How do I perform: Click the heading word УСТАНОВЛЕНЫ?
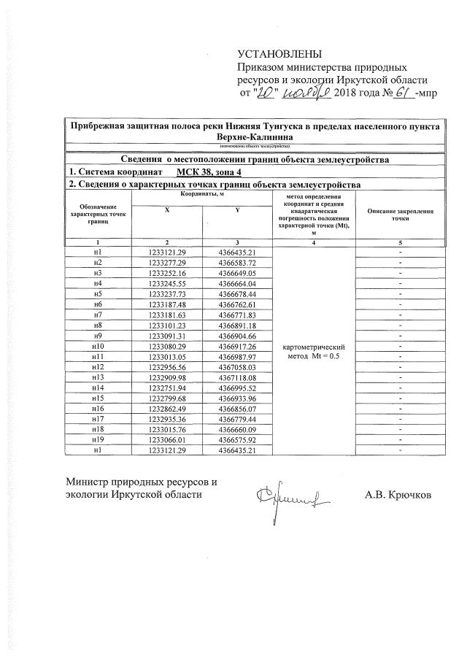click(279, 55)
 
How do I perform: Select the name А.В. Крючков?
click(398, 495)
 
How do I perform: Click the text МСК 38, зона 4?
click(211, 172)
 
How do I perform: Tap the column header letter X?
click(166, 209)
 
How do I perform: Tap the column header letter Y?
click(236, 209)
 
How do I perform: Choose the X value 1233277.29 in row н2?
click(167, 262)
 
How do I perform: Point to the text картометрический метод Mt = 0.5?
click(312, 351)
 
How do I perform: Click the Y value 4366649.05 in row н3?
click(236, 272)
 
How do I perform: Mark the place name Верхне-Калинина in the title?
click(254, 136)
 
